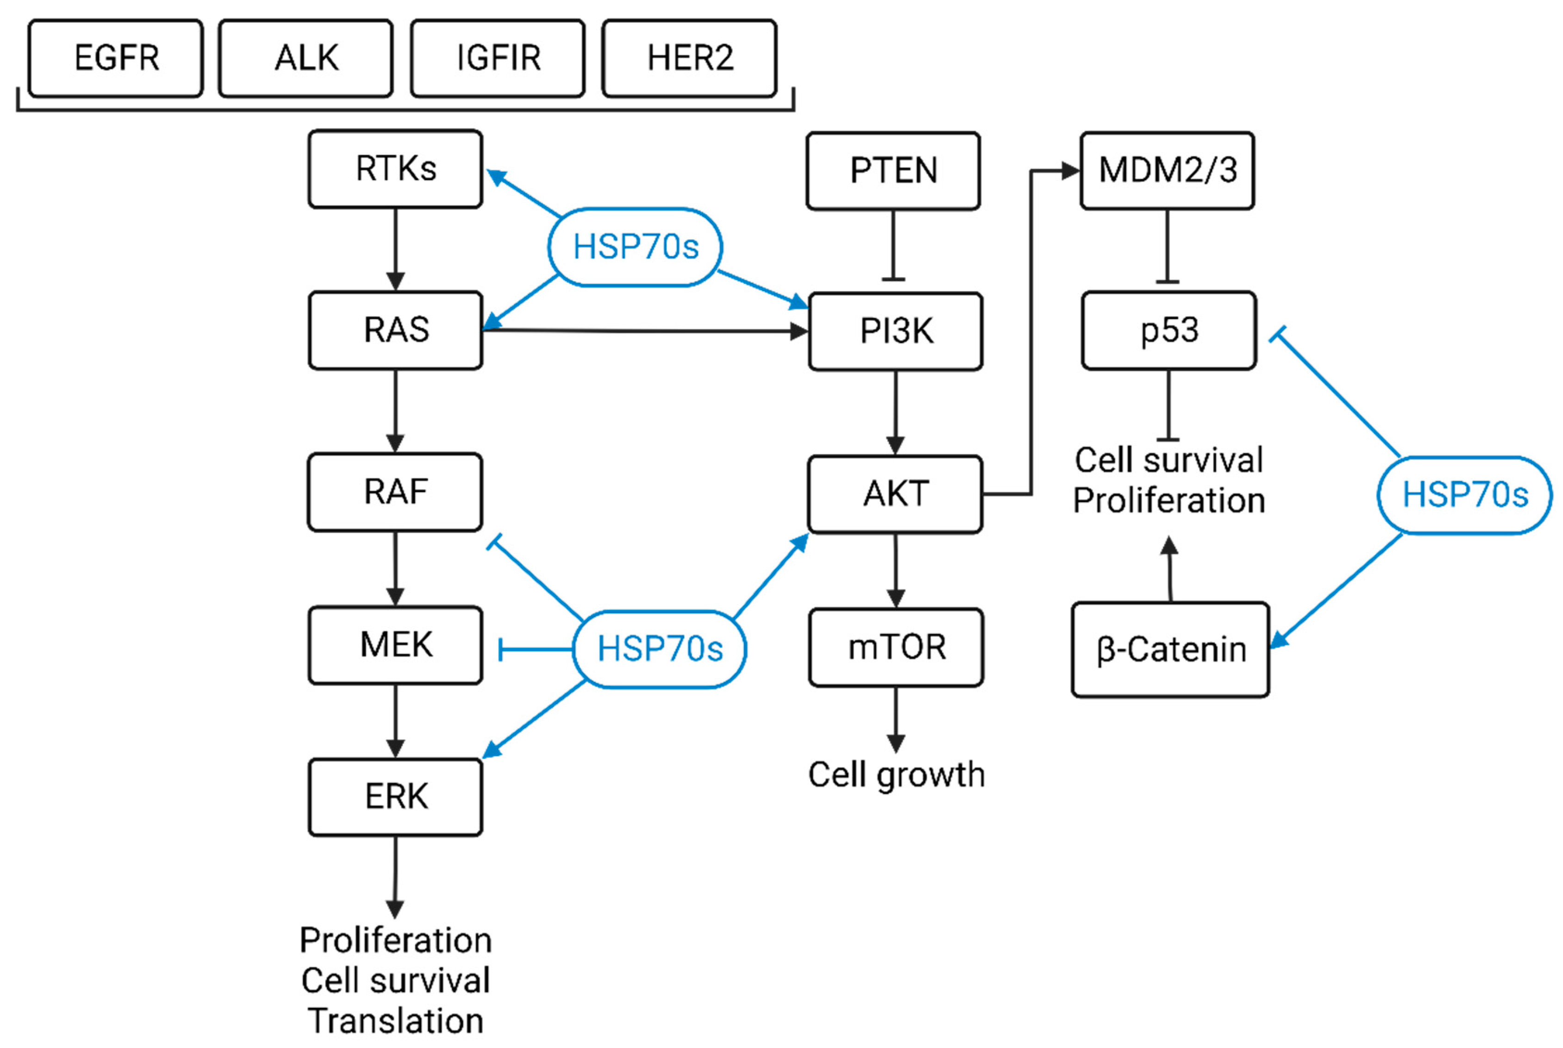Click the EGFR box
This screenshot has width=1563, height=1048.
tap(116, 58)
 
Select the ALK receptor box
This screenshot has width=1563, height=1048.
tap(306, 58)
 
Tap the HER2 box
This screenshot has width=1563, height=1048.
tap(689, 58)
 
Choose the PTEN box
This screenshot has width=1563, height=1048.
tap(893, 170)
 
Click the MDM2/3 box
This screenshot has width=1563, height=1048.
tap(1167, 170)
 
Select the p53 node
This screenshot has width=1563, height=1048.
tap(1169, 330)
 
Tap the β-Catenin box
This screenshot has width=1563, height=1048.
tap(1170, 649)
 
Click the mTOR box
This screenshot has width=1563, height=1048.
tap(896, 647)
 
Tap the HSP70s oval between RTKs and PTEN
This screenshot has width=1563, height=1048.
tap(635, 247)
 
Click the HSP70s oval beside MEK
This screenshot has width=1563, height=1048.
tap(659, 649)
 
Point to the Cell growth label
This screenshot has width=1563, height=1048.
tap(896, 775)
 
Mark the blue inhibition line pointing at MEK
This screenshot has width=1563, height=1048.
tap(535, 649)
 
